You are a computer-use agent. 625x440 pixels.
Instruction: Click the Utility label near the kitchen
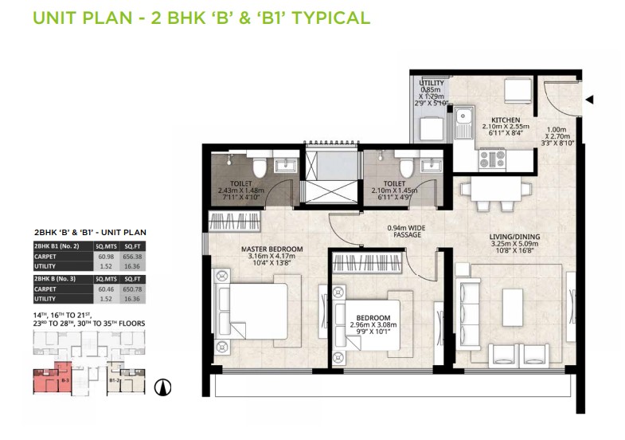[x=431, y=83]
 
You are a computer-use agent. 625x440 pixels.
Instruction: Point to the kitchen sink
[x=463, y=121]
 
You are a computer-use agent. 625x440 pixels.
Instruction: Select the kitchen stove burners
[x=488, y=159]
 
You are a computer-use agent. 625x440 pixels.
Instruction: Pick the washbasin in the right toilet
[x=431, y=166]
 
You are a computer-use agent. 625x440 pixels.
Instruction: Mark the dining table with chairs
[x=494, y=189]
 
